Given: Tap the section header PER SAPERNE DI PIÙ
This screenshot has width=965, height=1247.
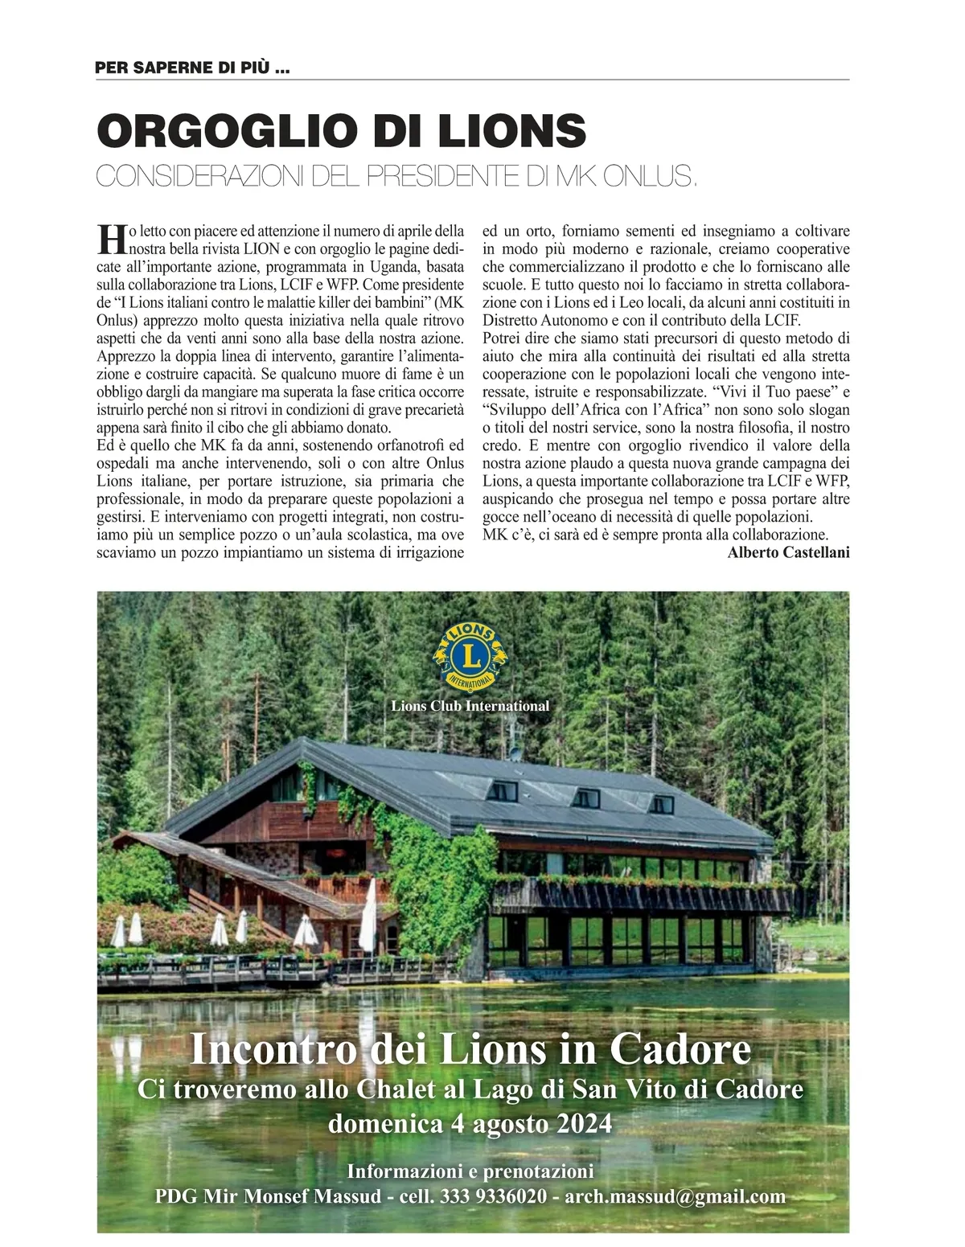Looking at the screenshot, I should pyautogui.click(x=192, y=68).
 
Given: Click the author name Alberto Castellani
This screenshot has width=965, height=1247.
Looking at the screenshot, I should pyautogui.click(x=788, y=552).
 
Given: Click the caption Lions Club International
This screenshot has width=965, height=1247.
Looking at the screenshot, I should pyautogui.click(x=470, y=706).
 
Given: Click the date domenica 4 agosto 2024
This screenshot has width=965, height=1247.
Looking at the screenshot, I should pyautogui.click(x=470, y=1123).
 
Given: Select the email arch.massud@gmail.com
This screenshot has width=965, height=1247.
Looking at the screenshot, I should pyautogui.click(x=675, y=1196).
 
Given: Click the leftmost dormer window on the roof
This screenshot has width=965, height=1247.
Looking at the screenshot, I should pyautogui.click(x=504, y=790).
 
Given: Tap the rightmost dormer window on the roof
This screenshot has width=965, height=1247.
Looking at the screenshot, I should pyautogui.click(x=662, y=803).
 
